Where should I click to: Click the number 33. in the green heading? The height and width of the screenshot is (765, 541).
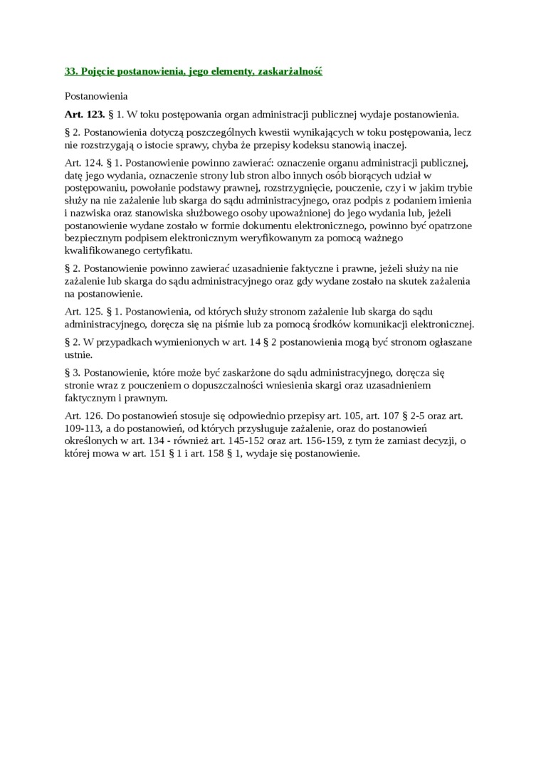point(71,71)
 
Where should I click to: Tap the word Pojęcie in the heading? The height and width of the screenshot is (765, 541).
point(99,71)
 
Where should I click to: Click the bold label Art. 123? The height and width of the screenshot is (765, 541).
point(85,114)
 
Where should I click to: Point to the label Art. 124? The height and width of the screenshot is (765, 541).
point(83,162)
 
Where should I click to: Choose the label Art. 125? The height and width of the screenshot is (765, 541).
point(83,312)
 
